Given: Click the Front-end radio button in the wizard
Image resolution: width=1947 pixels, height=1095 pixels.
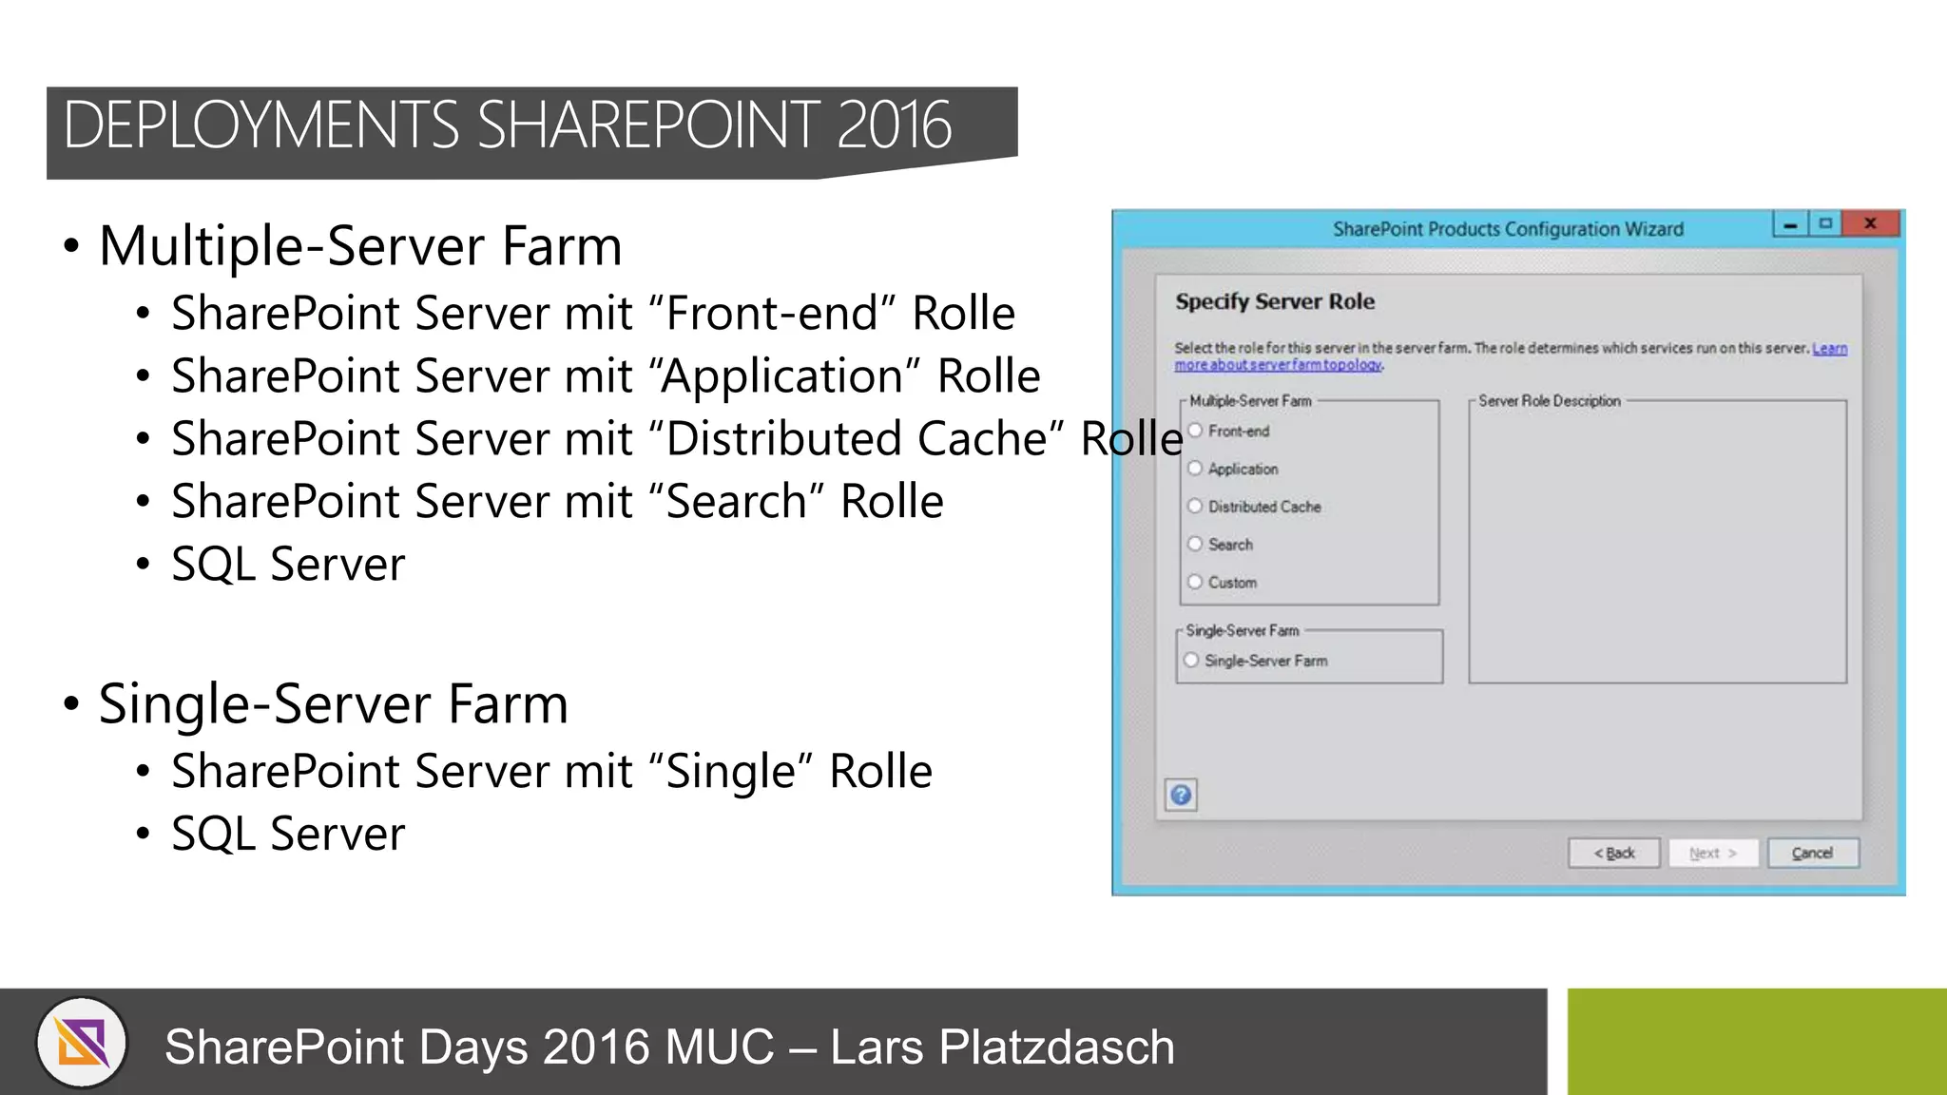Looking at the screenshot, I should (1196, 431).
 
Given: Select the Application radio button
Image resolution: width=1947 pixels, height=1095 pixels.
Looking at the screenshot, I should (1196, 468).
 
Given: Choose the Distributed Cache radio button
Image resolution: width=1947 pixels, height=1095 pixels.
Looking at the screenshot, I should (1196, 506).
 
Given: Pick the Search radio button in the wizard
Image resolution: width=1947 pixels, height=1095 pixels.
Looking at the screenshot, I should (1196, 544).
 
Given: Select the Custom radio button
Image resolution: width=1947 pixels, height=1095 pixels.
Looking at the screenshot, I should (1196, 582).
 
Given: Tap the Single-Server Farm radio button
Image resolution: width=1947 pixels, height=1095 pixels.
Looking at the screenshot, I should (1192, 660).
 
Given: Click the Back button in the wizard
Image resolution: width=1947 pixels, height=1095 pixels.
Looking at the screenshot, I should (1614, 853).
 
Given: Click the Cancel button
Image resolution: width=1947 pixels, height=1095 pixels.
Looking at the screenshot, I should (1812, 853).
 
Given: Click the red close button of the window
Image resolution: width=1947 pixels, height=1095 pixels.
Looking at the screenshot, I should (1870, 223).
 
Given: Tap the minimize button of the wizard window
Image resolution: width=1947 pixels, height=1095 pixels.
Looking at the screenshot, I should (1790, 224).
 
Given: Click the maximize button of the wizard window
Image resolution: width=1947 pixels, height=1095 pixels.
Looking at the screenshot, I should (1825, 223).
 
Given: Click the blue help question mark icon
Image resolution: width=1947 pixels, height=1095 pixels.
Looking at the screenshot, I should (1181, 795).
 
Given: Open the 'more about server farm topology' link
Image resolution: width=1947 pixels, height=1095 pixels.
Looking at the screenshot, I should (1278, 365).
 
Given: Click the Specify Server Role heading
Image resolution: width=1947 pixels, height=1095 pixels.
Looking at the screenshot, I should (1275, 301).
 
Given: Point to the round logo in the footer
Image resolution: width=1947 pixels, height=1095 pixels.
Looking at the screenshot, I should (83, 1043).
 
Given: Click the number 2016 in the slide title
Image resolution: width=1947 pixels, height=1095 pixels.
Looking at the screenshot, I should (894, 125).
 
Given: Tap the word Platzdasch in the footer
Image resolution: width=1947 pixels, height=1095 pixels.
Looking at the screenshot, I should (1056, 1047).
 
